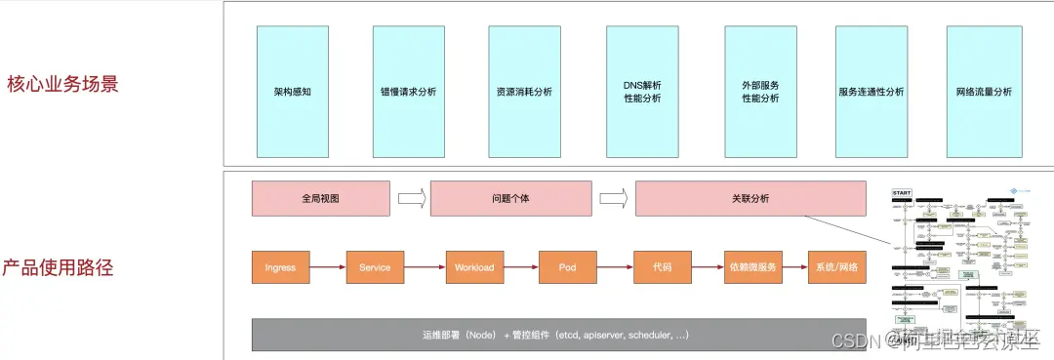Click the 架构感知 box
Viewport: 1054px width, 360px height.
tap(293, 92)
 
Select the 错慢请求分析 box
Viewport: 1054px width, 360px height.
tap(408, 92)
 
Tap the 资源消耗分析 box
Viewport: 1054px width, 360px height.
tap(524, 92)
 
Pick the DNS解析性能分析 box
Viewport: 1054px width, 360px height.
tap(641, 92)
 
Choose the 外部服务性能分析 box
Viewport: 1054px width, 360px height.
tap(760, 92)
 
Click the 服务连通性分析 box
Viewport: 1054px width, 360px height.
tap(872, 92)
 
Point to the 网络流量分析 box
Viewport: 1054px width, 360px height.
tap(984, 92)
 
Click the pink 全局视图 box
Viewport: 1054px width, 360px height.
tap(321, 198)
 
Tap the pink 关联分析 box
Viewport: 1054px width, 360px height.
tap(750, 198)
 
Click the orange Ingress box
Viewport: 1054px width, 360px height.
tap(280, 267)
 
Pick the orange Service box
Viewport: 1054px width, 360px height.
tap(375, 267)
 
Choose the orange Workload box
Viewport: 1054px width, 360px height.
tap(474, 267)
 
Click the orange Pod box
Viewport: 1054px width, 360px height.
tap(567, 267)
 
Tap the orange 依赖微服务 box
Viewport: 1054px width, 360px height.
tap(751, 267)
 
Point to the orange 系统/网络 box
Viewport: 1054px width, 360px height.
tap(836, 267)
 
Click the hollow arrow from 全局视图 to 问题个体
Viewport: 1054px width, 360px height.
tap(412, 199)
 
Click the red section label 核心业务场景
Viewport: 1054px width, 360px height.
tap(62, 84)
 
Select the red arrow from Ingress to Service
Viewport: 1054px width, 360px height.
tap(327, 267)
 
